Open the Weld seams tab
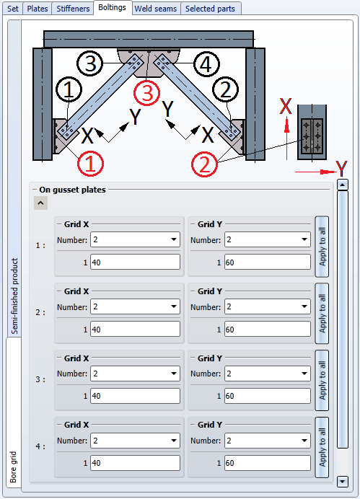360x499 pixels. coord(156,9)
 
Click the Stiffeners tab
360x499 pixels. coord(73,9)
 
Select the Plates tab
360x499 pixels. coord(38,9)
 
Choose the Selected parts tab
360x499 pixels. coord(211,9)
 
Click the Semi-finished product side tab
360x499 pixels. coord(14,296)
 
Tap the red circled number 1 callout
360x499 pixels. coord(90,164)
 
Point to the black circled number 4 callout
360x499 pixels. coord(206,65)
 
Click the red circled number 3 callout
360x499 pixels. coord(146,93)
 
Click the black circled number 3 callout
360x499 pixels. coord(90,63)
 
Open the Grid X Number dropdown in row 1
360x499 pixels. coord(136,239)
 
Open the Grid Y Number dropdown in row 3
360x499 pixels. coord(268,374)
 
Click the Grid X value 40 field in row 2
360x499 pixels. coord(136,329)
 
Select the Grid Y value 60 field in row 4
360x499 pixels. coord(268,463)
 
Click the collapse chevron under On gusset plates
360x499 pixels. coord(40,203)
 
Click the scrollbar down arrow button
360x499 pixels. coord(343,481)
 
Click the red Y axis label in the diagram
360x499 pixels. coord(342,169)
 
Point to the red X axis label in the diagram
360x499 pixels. coord(286,106)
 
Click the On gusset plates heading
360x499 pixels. coord(73,190)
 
